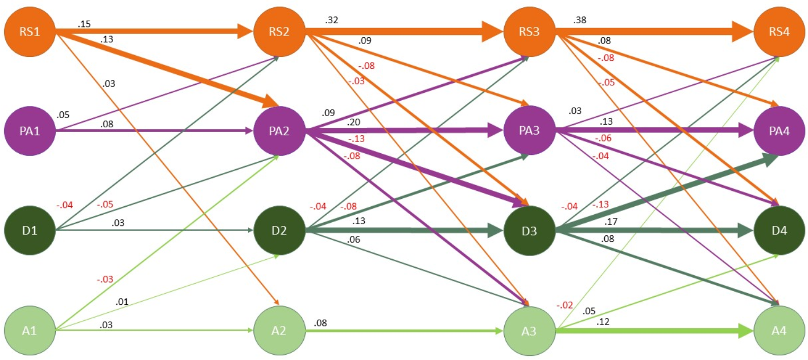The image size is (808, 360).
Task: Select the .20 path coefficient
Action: point(354,122)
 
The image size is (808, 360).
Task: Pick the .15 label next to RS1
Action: point(84,24)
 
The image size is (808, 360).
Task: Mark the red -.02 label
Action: point(564,305)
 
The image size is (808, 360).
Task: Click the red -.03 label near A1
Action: point(105,279)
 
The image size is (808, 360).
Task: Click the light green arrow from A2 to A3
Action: point(403,331)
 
